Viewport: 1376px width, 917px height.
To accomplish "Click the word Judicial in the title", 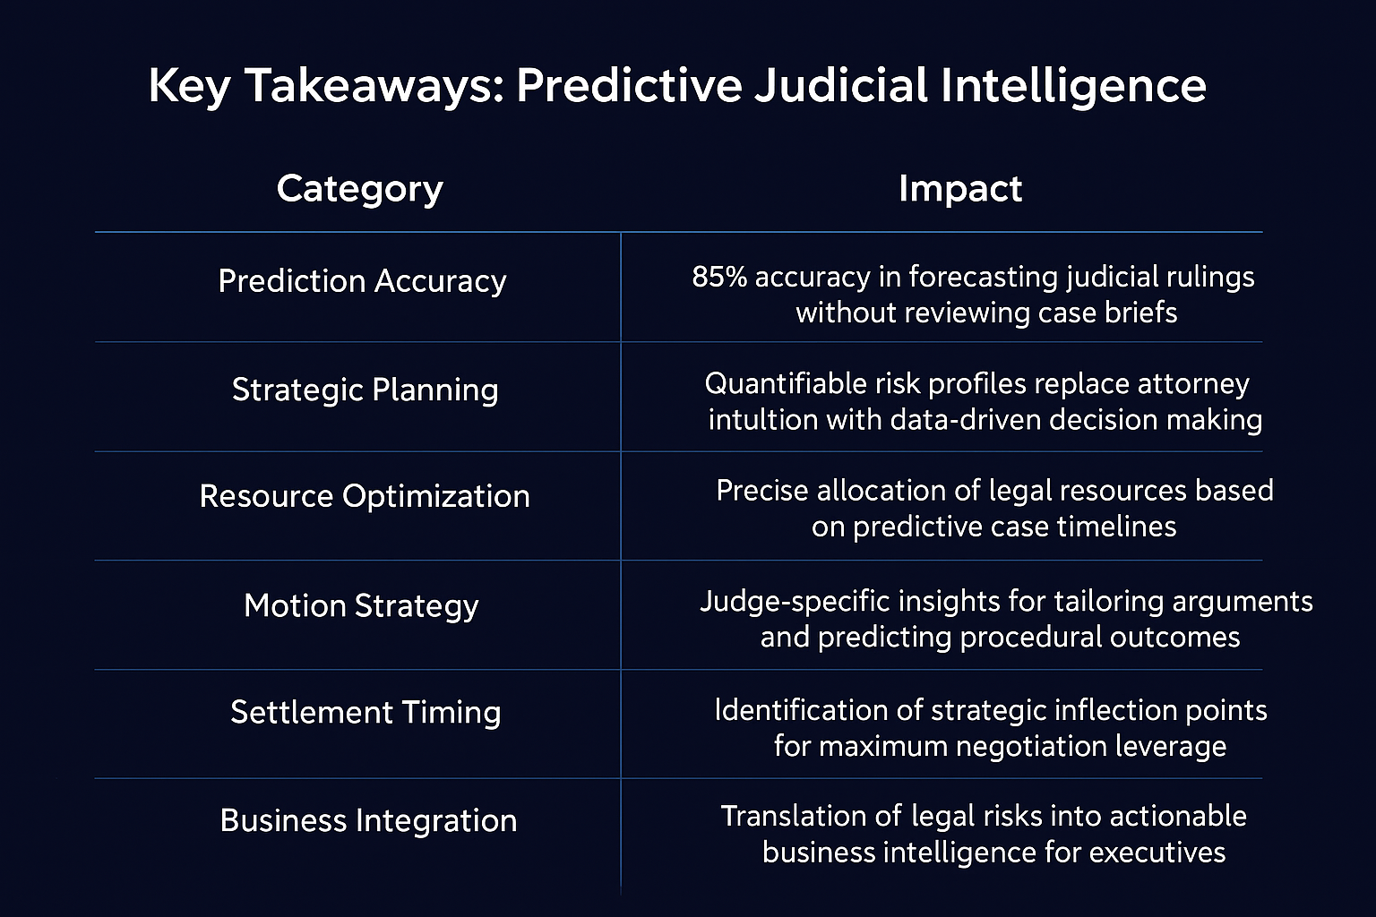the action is point(841,85).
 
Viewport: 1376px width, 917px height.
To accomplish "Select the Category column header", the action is point(359,190).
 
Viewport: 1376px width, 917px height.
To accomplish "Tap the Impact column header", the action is point(960,189).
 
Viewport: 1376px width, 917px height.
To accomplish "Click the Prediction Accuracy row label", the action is point(362,282).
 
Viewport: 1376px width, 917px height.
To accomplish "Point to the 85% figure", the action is point(719,277).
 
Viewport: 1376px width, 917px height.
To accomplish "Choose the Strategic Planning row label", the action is point(365,390).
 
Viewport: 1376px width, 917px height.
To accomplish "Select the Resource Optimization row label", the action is point(365,496).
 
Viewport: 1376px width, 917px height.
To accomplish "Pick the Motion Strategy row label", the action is point(361,606).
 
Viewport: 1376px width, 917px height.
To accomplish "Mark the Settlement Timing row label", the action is point(365,713).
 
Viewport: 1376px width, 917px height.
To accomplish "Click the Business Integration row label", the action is point(368,821).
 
